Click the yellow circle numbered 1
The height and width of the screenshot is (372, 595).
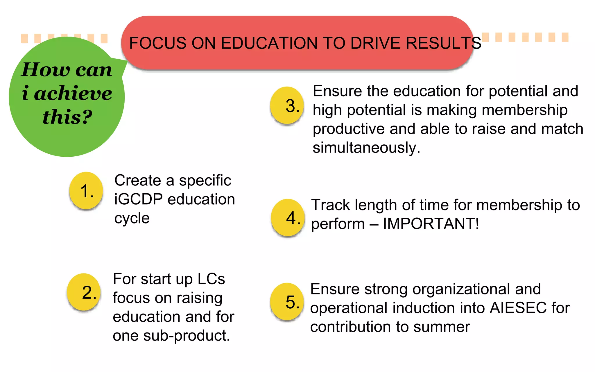[86, 191]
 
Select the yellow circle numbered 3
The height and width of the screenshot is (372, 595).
[287, 105]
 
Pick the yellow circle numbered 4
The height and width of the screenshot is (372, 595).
[288, 217]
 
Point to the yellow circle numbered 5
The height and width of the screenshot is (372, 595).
[287, 301]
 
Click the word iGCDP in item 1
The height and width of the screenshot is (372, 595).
[138, 199]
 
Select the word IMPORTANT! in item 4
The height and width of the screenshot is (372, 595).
[431, 224]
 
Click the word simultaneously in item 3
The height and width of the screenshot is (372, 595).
[366, 148]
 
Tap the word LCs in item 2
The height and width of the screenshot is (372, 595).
[211, 279]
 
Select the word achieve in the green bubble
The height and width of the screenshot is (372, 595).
[73, 94]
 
